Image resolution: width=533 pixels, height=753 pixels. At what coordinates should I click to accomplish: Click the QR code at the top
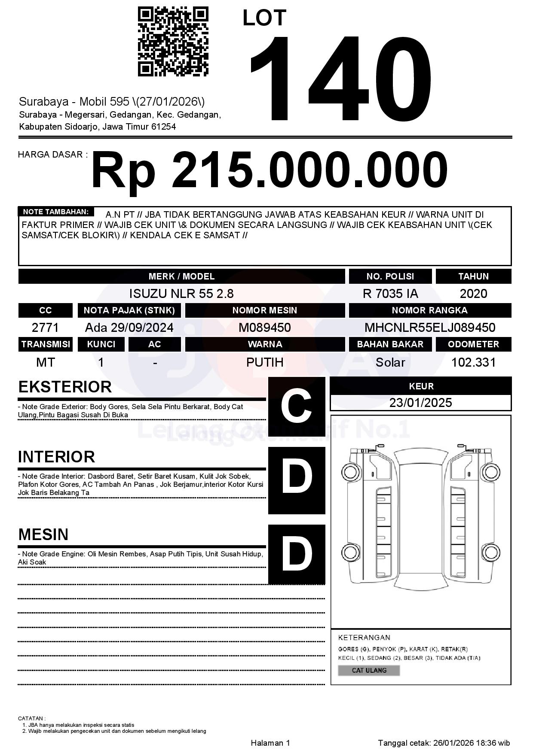coord(173,42)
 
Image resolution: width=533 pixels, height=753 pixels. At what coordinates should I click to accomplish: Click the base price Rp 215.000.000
coord(269,170)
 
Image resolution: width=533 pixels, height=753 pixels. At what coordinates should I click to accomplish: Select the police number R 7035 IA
coord(390,294)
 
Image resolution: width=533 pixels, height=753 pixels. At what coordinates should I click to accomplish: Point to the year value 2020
coord(473,294)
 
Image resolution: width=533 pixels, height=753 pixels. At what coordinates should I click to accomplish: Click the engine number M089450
coord(265,328)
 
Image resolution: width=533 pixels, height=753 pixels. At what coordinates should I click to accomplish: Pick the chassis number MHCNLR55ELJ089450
coord(430,328)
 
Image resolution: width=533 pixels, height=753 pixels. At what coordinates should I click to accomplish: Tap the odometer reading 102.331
coord(473,362)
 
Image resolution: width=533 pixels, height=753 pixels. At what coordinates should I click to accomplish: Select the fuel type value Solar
coord(390,362)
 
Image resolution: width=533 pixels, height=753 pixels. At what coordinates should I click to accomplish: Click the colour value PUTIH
coord(265,362)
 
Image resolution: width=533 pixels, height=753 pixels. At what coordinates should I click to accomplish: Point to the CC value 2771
coord(45,328)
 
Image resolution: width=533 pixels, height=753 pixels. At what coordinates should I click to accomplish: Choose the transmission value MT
coord(45,362)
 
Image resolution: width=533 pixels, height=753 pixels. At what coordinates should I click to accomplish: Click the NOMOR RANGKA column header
coord(430,310)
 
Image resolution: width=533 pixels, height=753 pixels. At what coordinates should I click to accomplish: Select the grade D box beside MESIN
coord(297,554)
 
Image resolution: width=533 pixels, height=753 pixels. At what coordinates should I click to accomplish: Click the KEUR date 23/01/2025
coord(420,403)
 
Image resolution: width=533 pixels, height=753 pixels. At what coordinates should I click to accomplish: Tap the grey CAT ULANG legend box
coord(369,670)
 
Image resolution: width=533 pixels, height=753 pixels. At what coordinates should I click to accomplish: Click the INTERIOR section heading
coord(56,457)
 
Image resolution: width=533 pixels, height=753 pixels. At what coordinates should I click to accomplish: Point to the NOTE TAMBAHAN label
coord(56,212)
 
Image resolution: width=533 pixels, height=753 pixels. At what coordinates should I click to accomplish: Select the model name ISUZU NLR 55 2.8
coord(181,294)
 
